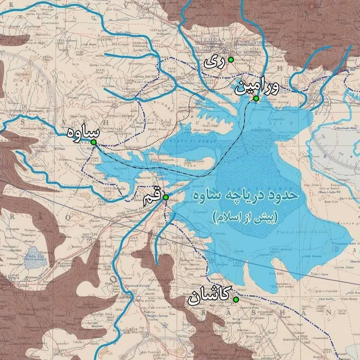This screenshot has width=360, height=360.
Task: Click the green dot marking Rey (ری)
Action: tap(231, 60)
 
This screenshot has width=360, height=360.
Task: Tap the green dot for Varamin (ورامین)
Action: tap(256, 98)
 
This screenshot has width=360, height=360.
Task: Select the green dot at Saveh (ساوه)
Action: tap(93, 143)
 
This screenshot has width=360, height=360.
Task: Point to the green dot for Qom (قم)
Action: tap(166, 197)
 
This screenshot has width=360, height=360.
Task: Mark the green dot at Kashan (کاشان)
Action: tap(235, 300)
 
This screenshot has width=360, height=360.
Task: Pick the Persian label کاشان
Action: tap(209, 298)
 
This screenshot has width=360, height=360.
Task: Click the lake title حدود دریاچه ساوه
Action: tap(246, 198)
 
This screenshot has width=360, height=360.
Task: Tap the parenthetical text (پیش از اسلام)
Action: tap(245, 217)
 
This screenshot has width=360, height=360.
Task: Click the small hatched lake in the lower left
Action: tap(36, 257)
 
